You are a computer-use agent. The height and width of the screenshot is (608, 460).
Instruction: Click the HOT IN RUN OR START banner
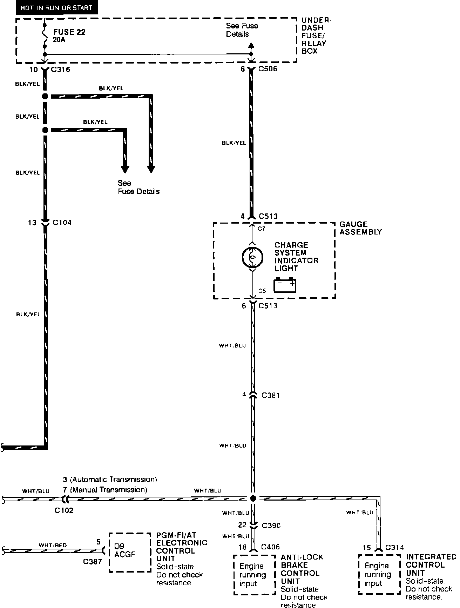(x=56, y=8)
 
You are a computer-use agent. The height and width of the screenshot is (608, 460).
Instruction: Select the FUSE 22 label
(x=69, y=32)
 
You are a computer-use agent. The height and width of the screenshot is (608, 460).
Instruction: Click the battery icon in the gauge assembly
(x=285, y=285)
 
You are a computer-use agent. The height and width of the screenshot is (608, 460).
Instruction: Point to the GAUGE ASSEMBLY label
(x=360, y=228)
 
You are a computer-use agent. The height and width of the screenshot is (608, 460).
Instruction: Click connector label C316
(x=61, y=70)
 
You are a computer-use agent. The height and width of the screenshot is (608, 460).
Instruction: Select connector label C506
(x=268, y=69)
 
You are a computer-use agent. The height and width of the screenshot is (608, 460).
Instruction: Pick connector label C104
(x=62, y=223)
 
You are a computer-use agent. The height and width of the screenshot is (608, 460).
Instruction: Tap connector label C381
(x=271, y=395)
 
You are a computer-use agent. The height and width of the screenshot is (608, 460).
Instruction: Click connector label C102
(x=64, y=510)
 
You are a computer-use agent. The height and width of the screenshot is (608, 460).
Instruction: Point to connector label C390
(x=271, y=525)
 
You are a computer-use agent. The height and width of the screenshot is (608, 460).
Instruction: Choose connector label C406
(x=270, y=547)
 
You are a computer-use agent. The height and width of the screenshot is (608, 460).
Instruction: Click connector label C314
(x=394, y=547)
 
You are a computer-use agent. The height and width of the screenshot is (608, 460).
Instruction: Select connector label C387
(x=92, y=561)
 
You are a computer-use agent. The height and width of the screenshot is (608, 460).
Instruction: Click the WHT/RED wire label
(x=53, y=545)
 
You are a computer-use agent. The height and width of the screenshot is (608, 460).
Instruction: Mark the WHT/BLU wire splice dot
(x=253, y=498)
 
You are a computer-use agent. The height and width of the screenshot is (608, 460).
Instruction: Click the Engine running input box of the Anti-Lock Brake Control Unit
(x=254, y=575)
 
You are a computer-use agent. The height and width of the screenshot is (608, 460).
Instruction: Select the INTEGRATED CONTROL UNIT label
(x=431, y=565)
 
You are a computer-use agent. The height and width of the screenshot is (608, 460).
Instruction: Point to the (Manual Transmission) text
(x=109, y=490)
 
